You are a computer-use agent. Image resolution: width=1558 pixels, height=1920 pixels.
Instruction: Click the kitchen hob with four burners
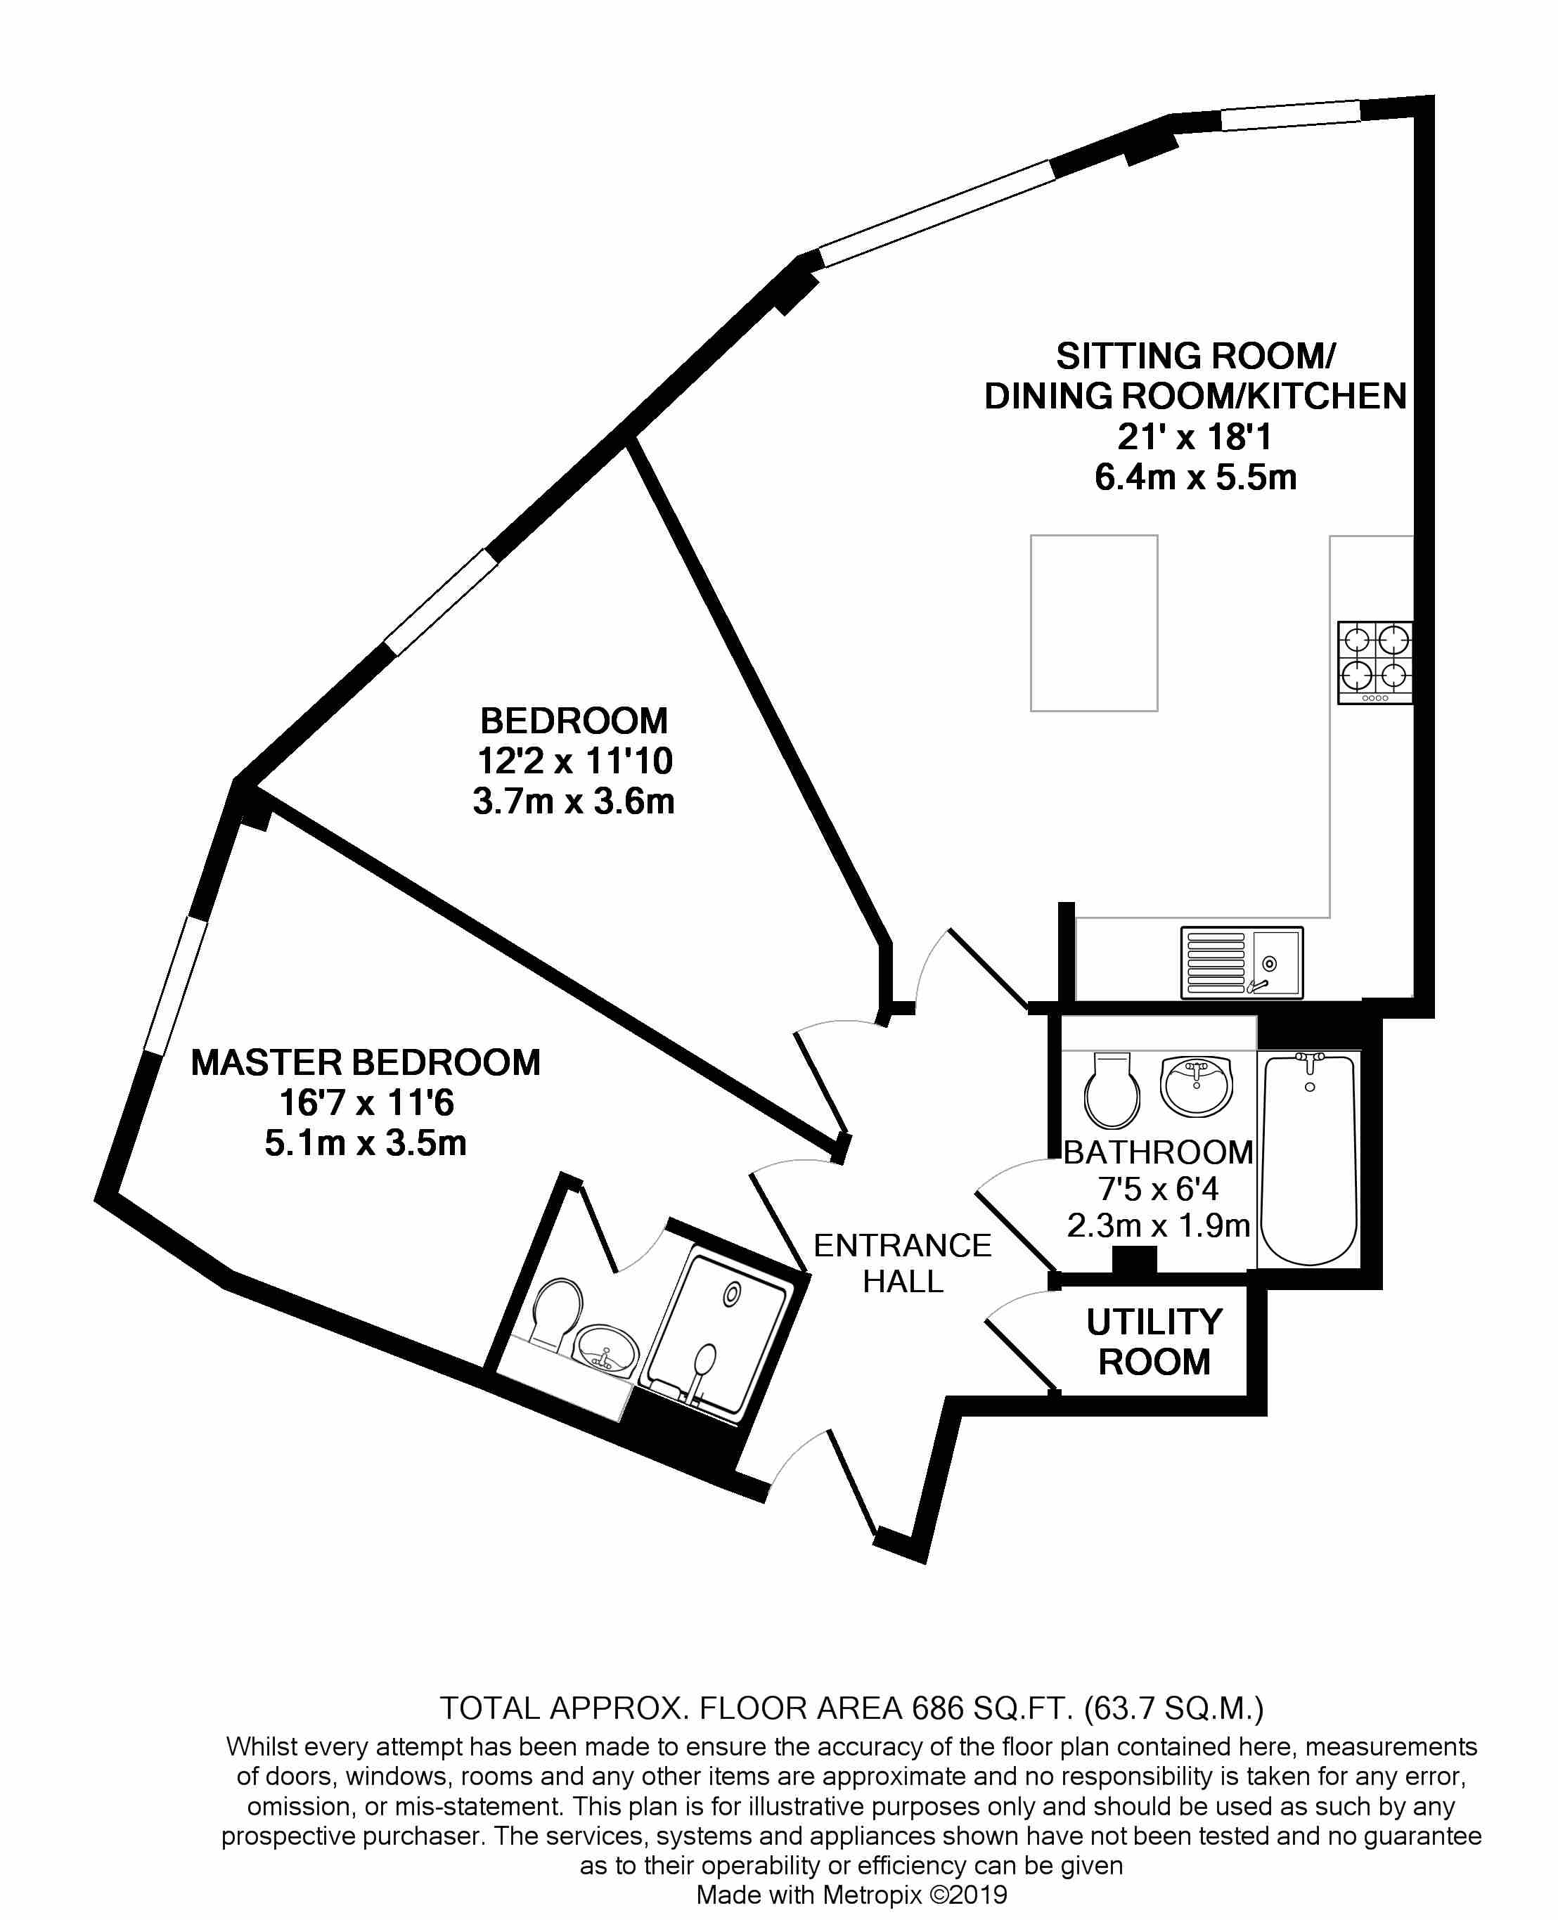pyautogui.click(x=1374, y=663)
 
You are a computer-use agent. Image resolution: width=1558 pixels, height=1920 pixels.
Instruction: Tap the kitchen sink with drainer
pyautogui.click(x=1241, y=962)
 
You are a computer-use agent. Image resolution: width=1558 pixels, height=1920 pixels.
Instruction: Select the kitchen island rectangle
pyautogui.click(x=1093, y=624)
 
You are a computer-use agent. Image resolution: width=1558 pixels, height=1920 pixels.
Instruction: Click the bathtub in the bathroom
pyautogui.click(x=1309, y=1159)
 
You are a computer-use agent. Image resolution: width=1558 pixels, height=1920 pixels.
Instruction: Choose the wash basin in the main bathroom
pyautogui.click(x=1197, y=1085)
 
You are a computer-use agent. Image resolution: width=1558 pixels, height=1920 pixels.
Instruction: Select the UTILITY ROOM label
pyautogui.click(x=1154, y=1342)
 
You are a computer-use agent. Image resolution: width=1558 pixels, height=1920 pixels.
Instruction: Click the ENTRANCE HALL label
pyautogui.click(x=902, y=1263)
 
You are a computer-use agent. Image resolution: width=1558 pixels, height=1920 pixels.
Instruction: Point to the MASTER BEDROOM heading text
pyautogui.click(x=366, y=1062)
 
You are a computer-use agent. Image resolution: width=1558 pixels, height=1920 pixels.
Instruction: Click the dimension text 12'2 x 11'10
pyautogui.click(x=574, y=761)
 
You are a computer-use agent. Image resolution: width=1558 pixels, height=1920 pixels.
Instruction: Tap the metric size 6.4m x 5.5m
pyautogui.click(x=1195, y=477)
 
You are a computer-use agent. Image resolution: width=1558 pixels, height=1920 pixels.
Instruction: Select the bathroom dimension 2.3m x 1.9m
pyautogui.click(x=1158, y=1225)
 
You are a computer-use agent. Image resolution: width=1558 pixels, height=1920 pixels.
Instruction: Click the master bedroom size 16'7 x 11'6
pyautogui.click(x=366, y=1102)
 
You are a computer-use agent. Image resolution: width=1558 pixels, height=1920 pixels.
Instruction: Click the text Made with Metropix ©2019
pyautogui.click(x=851, y=1895)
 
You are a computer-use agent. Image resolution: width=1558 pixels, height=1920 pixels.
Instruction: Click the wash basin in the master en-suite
pyautogui.click(x=607, y=1348)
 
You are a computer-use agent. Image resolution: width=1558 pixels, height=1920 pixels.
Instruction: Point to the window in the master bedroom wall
pyautogui.click(x=176, y=985)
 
